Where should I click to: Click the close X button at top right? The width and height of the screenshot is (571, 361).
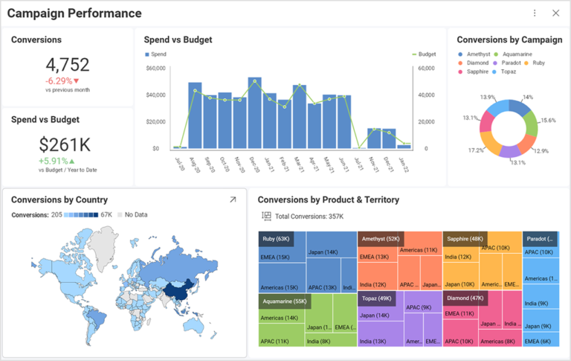(555, 13)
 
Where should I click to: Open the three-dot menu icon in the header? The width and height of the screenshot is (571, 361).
(535, 13)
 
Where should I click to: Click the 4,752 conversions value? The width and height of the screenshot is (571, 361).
(67, 65)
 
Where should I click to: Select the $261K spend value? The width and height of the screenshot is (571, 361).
(65, 145)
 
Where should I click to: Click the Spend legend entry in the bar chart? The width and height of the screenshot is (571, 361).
(156, 54)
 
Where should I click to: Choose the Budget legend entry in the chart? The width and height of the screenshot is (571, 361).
(424, 54)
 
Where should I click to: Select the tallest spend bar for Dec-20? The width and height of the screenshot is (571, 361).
(255, 113)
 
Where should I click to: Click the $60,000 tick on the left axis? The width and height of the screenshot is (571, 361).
(155, 68)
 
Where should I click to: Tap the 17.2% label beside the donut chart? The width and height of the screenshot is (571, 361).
(476, 150)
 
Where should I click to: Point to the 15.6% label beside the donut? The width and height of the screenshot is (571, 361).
(548, 120)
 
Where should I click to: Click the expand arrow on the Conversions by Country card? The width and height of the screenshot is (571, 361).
(233, 199)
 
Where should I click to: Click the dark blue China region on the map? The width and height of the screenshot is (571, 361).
(177, 291)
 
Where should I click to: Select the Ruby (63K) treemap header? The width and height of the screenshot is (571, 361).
(276, 239)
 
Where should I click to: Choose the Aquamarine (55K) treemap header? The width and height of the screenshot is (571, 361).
(285, 301)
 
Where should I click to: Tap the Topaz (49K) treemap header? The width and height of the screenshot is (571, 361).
(376, 298)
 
